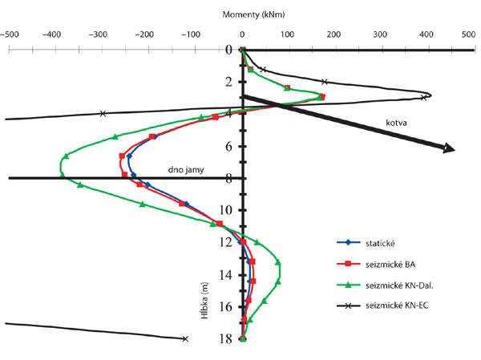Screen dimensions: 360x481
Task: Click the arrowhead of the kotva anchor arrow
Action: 448,148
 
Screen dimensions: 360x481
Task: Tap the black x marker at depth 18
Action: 185,338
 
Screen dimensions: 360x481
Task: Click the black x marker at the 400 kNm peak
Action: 423,98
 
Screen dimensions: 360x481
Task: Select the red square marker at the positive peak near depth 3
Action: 321,97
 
